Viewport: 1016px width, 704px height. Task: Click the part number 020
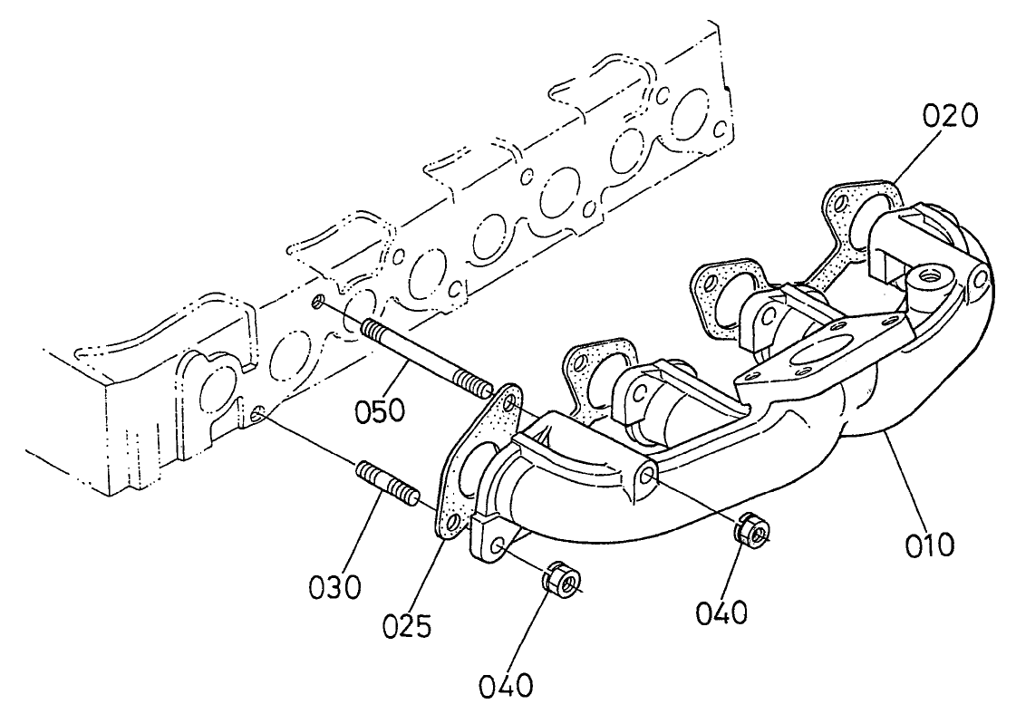click(x=950, y=116)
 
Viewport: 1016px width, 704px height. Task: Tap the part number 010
click(x=928, y=545)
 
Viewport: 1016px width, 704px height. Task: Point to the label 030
click(x=334, y=586)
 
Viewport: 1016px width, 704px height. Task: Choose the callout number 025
click(x=406, y=626)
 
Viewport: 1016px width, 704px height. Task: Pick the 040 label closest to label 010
click(x=721, y=614)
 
